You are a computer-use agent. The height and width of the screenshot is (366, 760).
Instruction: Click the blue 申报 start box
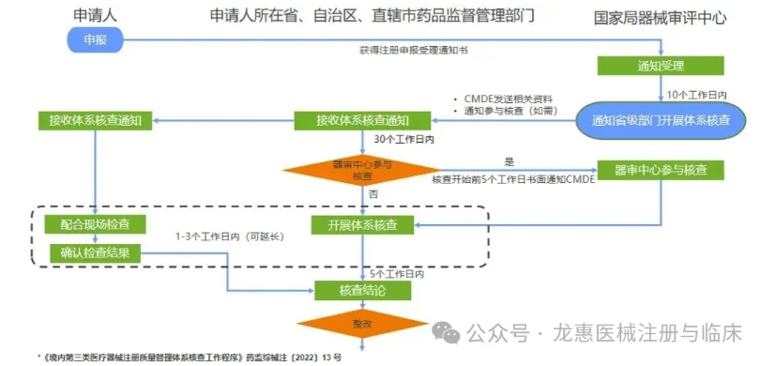[96, 39]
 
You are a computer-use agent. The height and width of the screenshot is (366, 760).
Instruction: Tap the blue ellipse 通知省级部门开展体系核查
[661, 121]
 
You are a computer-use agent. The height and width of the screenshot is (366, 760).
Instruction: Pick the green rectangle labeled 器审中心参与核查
[661, 170]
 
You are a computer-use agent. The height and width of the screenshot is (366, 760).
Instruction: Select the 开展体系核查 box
[363, 225]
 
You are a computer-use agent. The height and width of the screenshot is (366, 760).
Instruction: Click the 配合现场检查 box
[95, 225]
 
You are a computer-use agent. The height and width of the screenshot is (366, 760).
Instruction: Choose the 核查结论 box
[363, 291]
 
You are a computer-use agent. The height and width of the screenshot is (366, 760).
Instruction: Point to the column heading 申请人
[96, 15]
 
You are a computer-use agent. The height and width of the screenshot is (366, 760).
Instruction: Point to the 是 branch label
[510, 161]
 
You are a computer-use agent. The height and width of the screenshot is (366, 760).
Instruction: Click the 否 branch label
[372, 194]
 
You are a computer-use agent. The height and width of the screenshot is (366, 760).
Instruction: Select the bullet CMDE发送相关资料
[508, 99]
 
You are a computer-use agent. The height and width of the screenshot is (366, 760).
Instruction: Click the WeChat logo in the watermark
[444, 333]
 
